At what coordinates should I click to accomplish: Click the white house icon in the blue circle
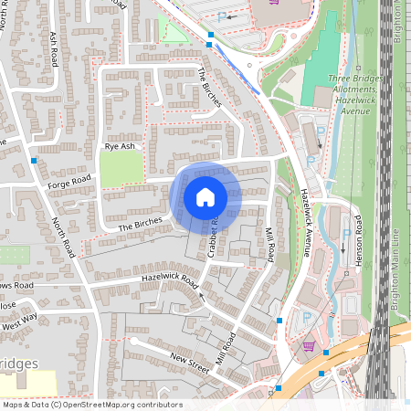coord(205,197)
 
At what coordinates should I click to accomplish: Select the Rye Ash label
coord(120,146)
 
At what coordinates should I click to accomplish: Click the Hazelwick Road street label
coord(169,278)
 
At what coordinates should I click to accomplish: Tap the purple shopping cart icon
coord(309,346)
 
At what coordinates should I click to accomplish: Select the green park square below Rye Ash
coord(121,169)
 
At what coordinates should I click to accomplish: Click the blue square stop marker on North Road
coord(34,161)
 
